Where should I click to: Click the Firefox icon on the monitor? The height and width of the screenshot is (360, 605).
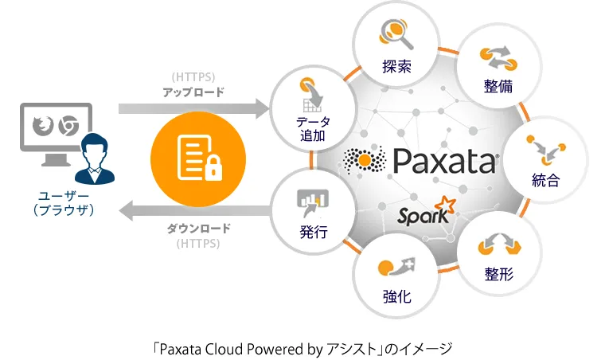point(42,125)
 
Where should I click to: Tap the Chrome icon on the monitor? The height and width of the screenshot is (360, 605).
point(68,125)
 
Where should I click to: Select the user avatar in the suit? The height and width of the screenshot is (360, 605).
point(95,158)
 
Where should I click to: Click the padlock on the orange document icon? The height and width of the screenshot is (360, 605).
point(213,168)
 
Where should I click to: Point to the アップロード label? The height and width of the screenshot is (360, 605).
point(193,92)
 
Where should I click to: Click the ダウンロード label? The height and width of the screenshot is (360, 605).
point(199,228)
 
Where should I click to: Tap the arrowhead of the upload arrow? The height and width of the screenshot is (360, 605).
point(263,108)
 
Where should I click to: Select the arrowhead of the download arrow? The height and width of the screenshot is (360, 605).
point(126,211)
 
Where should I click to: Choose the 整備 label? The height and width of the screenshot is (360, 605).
point(498,86)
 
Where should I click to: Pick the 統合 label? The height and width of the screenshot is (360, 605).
point(545,180)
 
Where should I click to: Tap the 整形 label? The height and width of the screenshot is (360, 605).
point(499,274)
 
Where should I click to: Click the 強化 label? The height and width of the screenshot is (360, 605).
point(397,296)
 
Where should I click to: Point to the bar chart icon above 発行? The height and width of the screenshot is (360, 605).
point(313,202)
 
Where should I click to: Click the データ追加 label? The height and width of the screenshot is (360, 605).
point(313,128)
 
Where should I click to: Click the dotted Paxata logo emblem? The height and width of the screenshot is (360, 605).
point(365,161)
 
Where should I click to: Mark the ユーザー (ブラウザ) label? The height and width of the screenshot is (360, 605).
point(64,203)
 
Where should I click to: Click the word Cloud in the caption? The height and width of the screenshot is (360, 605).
point(223,349)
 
